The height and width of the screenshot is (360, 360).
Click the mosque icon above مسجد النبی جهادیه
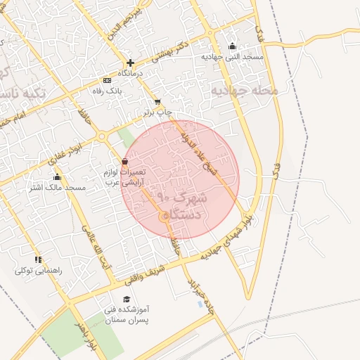[x=233, y=46]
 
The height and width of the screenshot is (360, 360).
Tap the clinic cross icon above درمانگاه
[x=130, y=63]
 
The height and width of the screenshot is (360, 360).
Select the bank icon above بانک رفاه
[x=107, y=81]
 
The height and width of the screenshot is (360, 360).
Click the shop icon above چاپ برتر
[x=157, y=102]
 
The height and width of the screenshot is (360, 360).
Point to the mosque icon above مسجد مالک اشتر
[x=57, y=176]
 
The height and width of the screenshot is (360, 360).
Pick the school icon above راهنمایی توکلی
[x=38, y=260]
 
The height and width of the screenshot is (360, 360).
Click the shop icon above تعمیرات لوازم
[x=125, y=162]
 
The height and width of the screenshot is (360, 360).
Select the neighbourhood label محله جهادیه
[x=244, y=91]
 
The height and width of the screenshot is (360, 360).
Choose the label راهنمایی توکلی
[x=34, y=271]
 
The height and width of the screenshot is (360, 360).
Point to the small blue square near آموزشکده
[x=200, y=305]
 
